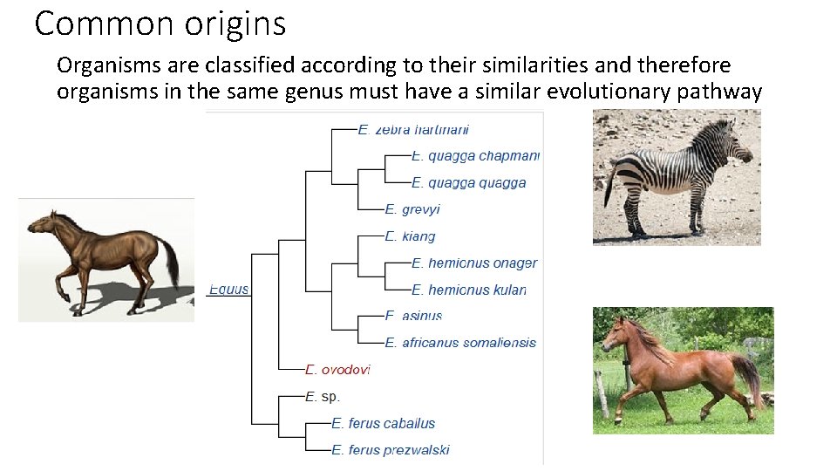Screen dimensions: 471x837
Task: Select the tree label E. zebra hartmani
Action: point(413,129)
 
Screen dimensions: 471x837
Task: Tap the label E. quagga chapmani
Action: point(475,156)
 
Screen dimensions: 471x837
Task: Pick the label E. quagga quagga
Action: point(468,183)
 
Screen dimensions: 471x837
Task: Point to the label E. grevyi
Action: point(412,209)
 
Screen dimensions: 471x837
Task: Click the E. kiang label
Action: point(410,236)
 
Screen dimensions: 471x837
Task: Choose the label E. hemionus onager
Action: point(474,263)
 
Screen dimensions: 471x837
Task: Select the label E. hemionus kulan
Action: point(469,290)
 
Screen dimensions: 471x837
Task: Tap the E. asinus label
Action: point(413,316)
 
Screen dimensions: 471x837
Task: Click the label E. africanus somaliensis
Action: point(460,343)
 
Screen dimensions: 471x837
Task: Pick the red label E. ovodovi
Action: point(337,370)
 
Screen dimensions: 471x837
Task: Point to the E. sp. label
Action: point(322,396)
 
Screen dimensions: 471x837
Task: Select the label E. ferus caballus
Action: point(383,423)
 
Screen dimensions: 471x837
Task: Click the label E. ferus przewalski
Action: point(390,450)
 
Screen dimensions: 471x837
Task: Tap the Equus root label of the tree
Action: point(228,290)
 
